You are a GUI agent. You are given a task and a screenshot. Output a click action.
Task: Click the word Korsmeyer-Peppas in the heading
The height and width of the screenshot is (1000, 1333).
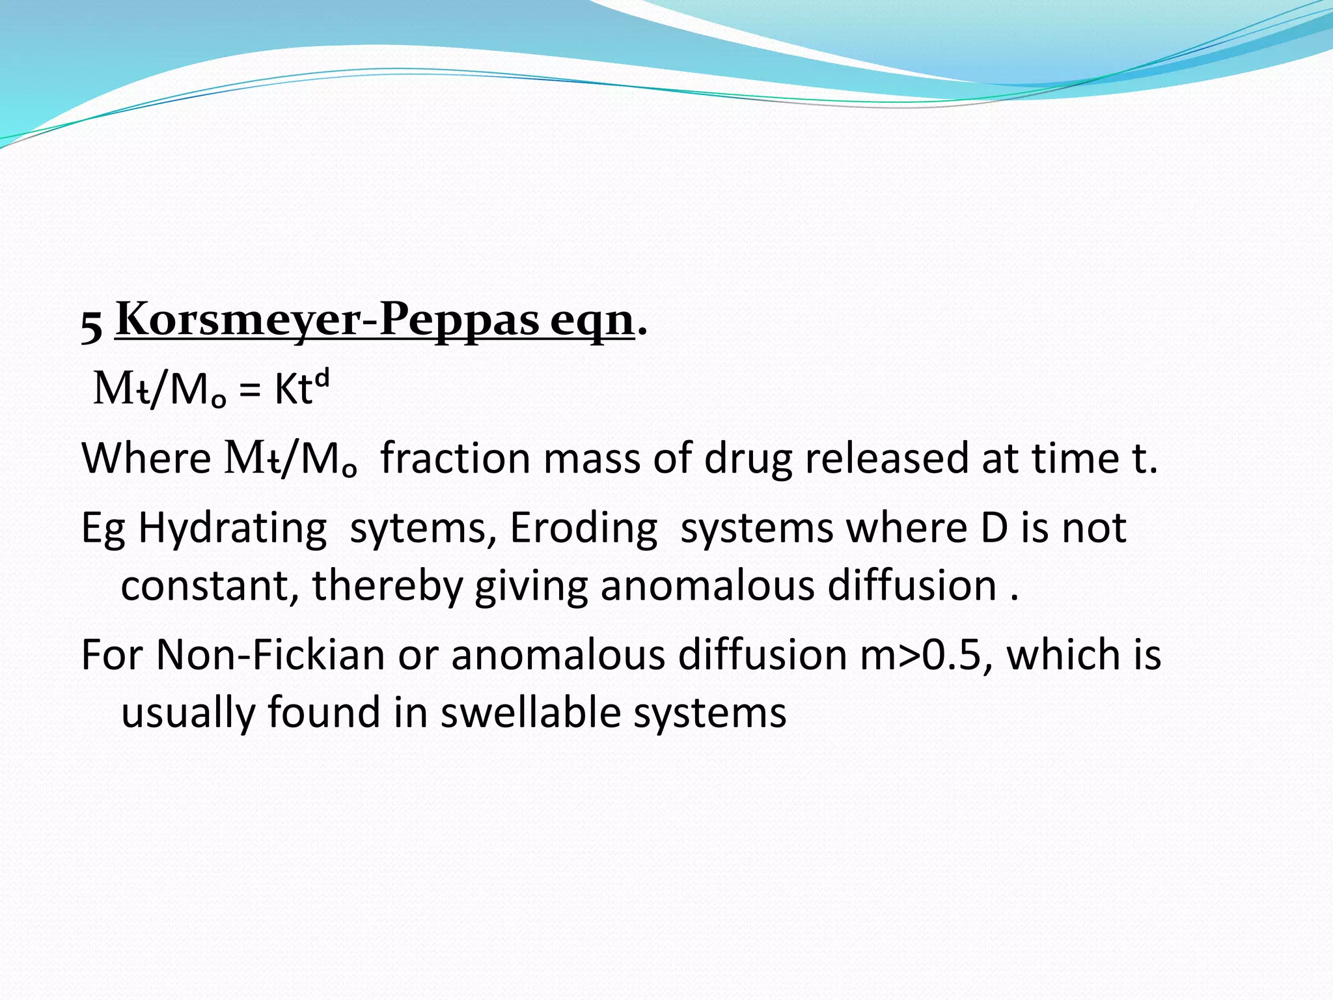tap(327, 320)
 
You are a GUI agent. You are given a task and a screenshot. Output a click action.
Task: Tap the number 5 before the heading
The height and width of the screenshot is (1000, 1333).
tap(92, 326)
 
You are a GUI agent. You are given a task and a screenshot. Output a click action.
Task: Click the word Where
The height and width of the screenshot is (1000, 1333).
tap(146, 458)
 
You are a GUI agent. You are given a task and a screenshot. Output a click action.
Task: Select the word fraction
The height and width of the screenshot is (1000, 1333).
tap(455, 458)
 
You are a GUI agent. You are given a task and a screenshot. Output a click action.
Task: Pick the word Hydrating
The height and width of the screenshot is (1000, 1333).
tap(232, 529)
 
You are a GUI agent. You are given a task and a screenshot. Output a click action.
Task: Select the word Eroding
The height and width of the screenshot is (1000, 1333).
tap(583, 529)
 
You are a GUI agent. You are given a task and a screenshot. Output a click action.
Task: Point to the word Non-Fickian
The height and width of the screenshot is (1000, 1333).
tap(270, 654)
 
